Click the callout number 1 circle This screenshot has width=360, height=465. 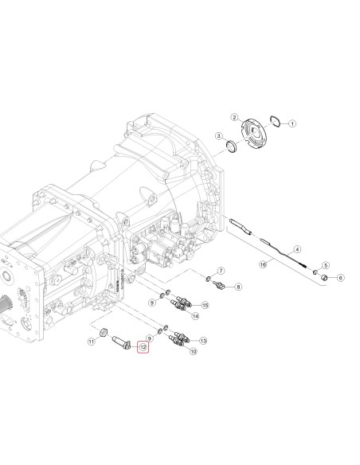[292, 123]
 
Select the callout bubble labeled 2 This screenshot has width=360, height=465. [235, 117]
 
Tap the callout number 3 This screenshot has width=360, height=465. [219, 136]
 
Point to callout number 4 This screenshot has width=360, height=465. [297, 249]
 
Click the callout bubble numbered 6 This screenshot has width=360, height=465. [340, 278]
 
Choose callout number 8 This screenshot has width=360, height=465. [238, 287]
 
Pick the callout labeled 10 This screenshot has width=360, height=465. [193, 351]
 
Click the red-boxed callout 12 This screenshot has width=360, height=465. [143, 347]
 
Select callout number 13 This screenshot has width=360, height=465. [203, 341]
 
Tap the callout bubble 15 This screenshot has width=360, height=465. [205, 305]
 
